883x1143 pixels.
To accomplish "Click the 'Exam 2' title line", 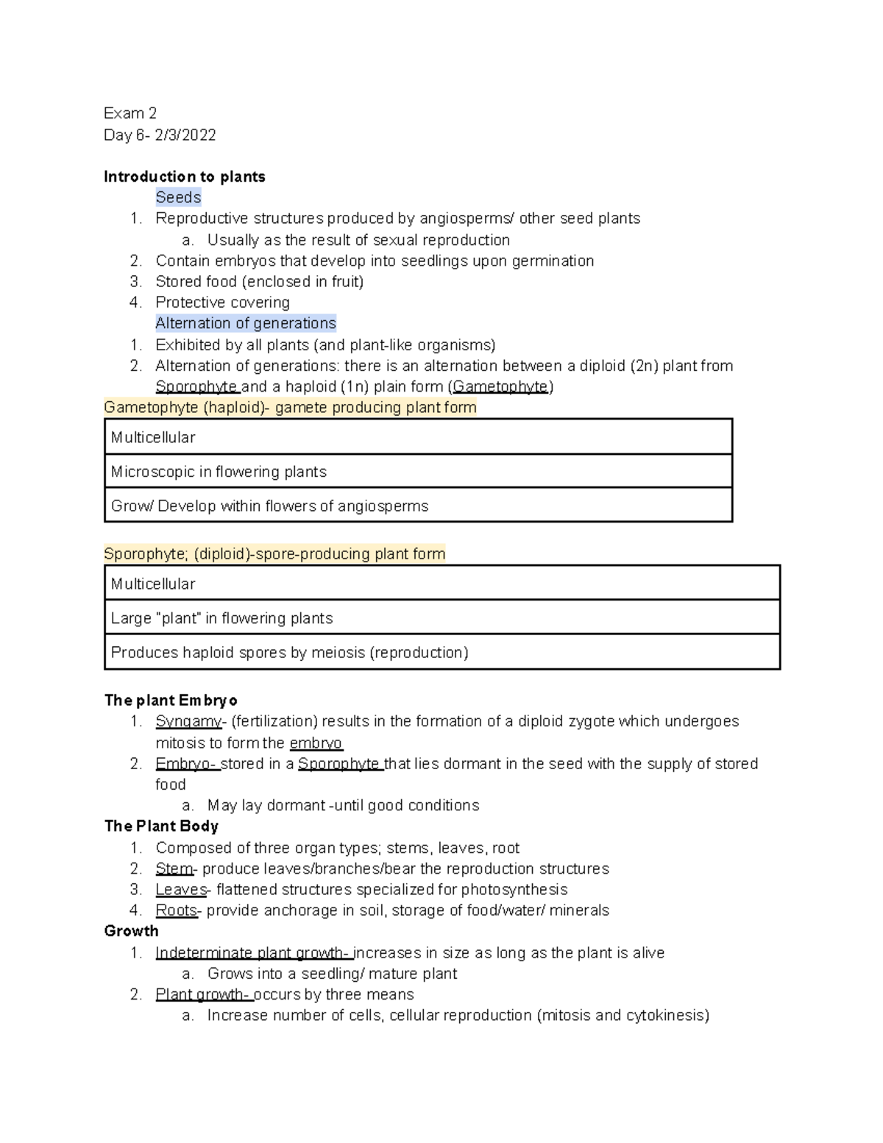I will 130,113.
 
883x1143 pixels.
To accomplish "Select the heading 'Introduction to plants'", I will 184,177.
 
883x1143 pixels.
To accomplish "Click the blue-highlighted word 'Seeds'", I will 178,197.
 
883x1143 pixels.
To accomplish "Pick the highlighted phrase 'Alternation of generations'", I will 245,323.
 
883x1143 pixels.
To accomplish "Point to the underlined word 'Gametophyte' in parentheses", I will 500,387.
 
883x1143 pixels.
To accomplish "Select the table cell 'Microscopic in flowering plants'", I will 219,472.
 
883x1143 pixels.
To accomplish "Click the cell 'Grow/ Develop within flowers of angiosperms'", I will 269,506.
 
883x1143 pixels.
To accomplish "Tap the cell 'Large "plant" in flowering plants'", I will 221,618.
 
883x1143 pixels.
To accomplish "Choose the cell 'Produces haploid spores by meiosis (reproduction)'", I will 289,653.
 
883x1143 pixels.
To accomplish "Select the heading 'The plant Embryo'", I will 171,700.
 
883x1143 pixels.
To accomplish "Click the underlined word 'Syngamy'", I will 188,721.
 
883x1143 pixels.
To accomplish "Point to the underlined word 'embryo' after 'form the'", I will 316,743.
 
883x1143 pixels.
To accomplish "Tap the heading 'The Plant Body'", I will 161,827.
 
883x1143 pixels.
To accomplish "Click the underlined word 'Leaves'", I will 181,890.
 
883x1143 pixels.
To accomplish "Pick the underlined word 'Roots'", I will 177,911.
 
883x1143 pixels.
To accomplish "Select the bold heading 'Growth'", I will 132,931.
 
